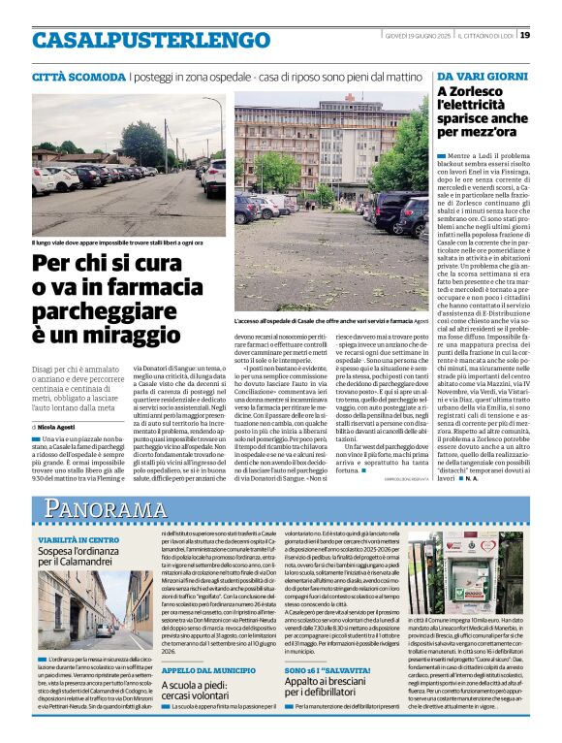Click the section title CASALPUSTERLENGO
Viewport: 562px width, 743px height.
point(138,41)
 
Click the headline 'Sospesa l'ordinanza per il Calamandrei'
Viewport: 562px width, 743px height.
point(86,556)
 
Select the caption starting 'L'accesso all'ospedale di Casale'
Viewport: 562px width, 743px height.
point(331,320)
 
